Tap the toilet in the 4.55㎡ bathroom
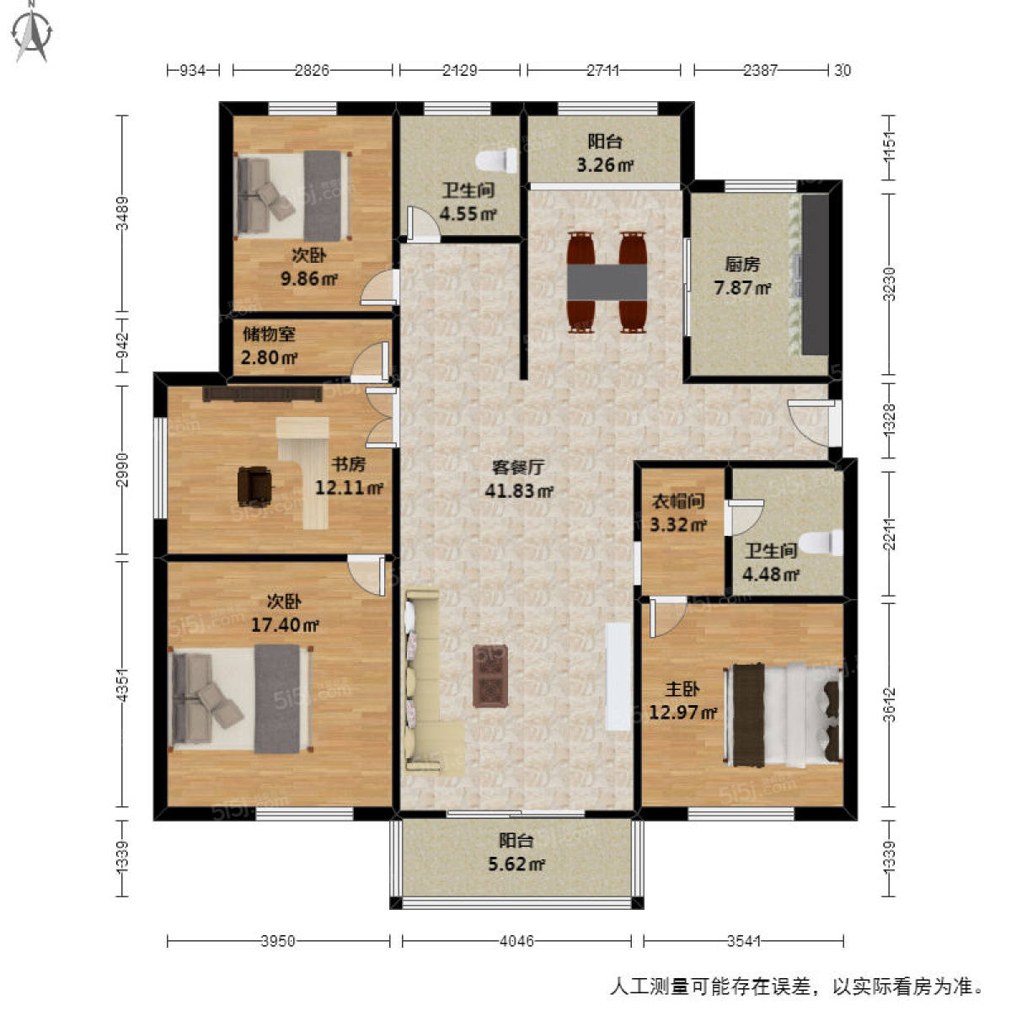pyautogui.click(x=496, y=159)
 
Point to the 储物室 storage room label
pyautogui.click(x=269, y=334)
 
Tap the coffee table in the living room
pyautogui.click(x=490, y=675)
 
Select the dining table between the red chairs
pyautogui.click(x=607, y=281)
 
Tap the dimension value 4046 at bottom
pyautogui.click(x=516, y=941)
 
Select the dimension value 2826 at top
pyautogui.click(x=312, y=71)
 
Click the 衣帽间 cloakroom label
pyautogui.click(x=678, y=502)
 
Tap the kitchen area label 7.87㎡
pyautogui.click(x=742, y=288)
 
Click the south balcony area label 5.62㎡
pyautogui.click(x=516, y=864)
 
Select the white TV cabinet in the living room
pyautogui.click(x=618, y=676)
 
